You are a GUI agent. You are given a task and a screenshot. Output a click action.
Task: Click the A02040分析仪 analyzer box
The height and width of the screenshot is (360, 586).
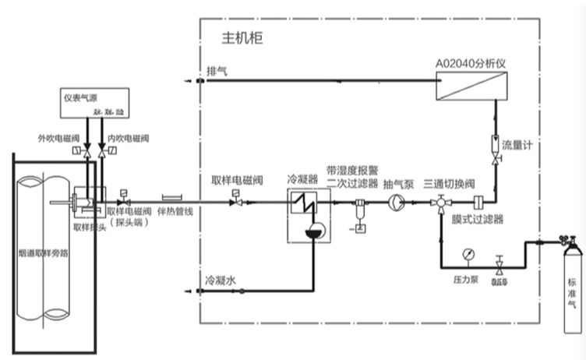click(x=470, y=86)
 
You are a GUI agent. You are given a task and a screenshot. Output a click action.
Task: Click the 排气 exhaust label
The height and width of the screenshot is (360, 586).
click(x=217, y=71)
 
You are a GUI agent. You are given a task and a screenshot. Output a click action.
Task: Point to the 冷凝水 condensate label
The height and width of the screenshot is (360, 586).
click(x=220, y=279)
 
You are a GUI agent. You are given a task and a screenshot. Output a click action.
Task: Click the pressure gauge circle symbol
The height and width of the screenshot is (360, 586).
click(x=466, y=254)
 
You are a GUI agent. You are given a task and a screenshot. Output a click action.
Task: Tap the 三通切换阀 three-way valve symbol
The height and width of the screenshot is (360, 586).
click(x=440, y=203)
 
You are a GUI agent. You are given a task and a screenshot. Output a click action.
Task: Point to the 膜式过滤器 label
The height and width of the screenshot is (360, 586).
click(x=478, y=220)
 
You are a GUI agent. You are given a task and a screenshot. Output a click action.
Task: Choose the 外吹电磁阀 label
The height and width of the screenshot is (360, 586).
click(x=58, y=138)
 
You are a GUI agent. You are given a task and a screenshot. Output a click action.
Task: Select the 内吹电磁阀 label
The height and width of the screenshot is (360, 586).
click(x=128, y=138)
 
